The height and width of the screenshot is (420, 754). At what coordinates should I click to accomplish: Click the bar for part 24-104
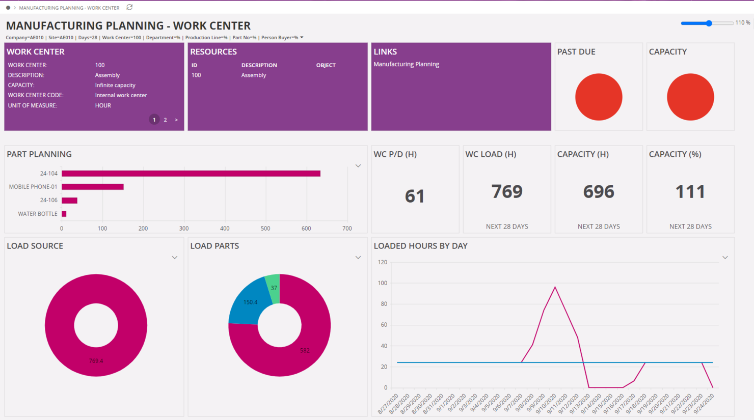click(191, 174)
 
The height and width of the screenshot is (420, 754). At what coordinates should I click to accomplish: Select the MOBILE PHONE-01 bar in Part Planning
click(92, 187)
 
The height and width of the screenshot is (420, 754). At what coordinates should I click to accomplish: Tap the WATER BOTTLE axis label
click(38, 214)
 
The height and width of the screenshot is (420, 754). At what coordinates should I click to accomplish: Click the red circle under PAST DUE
click(599, 97)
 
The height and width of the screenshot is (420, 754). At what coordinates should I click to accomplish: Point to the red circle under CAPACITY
click(690, 97)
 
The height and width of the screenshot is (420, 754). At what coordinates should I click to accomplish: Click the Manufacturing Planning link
click(406, 64)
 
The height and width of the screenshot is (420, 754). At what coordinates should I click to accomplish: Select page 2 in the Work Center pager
click(165, 120)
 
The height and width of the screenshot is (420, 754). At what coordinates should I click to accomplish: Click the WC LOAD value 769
click(506, 192)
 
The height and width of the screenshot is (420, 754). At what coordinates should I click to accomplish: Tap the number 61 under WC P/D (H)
click(415, 196)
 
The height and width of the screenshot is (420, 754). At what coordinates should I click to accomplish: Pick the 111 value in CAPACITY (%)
click(690, 192)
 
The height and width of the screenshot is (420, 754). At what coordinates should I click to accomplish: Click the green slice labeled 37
click(274, 288)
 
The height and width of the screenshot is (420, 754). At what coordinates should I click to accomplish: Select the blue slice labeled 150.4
click(250, 302)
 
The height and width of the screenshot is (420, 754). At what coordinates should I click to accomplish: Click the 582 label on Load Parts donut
click(305, 350)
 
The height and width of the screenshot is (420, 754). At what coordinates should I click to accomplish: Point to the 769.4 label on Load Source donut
click(96, 361)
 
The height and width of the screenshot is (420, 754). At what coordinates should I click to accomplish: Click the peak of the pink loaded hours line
click(555, 287)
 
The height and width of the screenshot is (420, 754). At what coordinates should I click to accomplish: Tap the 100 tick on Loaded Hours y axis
click(382, 283)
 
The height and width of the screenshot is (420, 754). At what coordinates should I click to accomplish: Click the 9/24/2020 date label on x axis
click(704, 404)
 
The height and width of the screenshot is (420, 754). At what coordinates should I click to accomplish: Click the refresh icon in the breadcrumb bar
click(129, 8)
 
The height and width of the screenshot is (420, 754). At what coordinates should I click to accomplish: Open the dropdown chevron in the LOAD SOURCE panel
click(174, 258)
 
